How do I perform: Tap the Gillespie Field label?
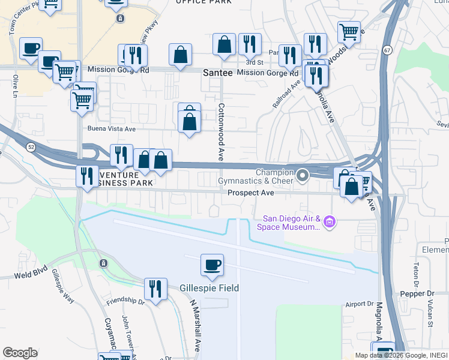pyautogui.click(x=209, y=288)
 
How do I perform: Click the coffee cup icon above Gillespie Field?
pyautogui.click(x=212, y=266)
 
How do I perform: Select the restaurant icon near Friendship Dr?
pyautogui.click(x=155, y=290)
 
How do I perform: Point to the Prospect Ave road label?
pyautogui.click(x=251, y=193)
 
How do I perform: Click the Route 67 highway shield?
pyautogui.click(x=388, y=50)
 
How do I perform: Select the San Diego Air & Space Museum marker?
pyautogui.click(x=329, y=223)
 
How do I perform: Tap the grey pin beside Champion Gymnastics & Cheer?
pyautogui.click(x=303, y=176)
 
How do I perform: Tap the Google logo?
pyautogui.click(x=20, y=353)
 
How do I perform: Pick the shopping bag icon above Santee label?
pyautogui.click(x=224, y=45)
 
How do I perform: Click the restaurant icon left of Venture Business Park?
pyautogui.click(x=88, y=176)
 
